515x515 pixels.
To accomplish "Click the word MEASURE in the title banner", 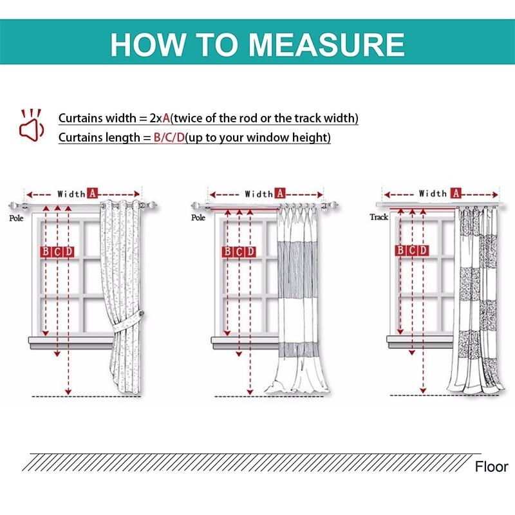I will [326, 43].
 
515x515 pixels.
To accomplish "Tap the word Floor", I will [492, 467].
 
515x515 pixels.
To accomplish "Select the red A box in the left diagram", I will [92, 193].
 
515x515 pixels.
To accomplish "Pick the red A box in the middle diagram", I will [279, 193].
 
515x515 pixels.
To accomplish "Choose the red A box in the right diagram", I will [455, 193].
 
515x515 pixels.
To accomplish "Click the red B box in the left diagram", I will [46, 252].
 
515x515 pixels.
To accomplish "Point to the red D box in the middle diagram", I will [250, 252].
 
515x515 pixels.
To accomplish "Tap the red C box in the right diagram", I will [411, 250].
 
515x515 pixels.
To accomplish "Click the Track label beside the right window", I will [379, 217].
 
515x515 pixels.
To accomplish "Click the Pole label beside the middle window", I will [198, 218].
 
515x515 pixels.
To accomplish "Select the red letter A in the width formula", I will [166, 118].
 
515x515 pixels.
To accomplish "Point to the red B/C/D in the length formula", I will [169, 137].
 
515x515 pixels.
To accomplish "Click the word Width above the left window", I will [71, 193].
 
